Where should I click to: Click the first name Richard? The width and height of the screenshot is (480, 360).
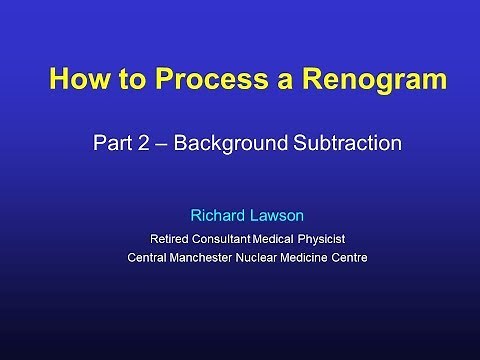(217, 214)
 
